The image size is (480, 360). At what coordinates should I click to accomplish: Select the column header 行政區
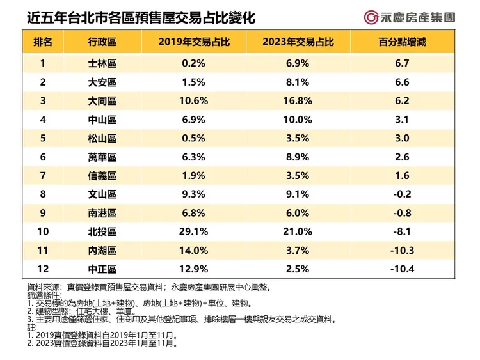pos(102,43)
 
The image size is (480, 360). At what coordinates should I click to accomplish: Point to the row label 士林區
pos(102,63)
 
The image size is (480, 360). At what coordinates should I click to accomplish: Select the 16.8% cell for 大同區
pos(296,100)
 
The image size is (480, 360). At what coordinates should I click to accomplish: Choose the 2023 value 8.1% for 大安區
pos(296,82)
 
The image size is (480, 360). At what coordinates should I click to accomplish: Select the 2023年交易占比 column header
pos(296,43)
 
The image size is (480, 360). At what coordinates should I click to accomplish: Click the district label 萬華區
pos(102,156)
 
